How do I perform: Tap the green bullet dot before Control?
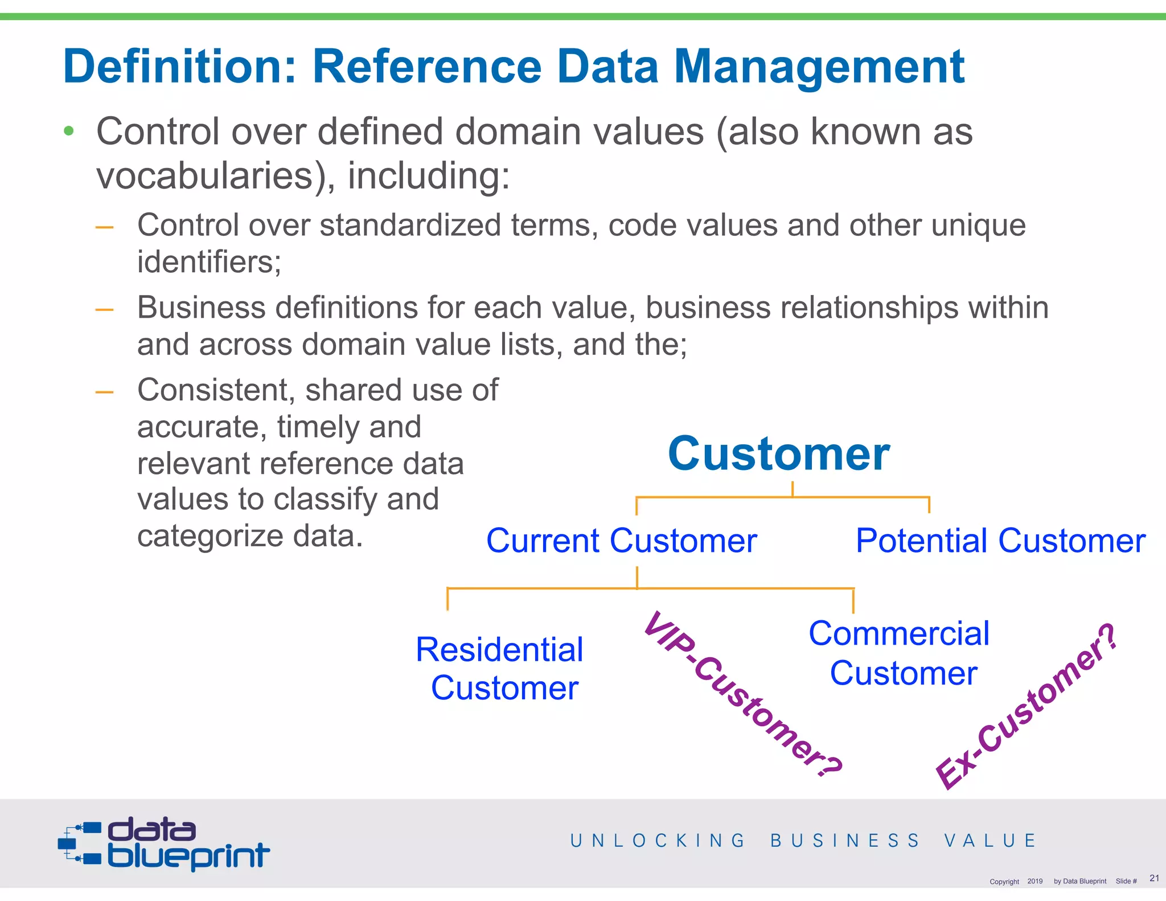[69, 132]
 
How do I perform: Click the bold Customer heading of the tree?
[778, 454]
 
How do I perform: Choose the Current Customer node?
[621, 540]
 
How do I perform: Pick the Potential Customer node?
[1000, 540]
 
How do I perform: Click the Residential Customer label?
[500, 668]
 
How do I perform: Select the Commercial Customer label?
[900, 653]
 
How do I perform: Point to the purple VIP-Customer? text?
[742, 693]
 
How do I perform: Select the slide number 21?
[1154, 878]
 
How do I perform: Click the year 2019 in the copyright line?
[1034, 881]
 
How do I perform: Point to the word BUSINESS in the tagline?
[845, 841]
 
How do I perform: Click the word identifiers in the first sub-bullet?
[209, 262]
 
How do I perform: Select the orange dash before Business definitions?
[104, 310]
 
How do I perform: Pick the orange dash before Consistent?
[104, 392]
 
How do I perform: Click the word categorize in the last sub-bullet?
[211, 536]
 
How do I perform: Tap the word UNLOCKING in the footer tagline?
[658, 841]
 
